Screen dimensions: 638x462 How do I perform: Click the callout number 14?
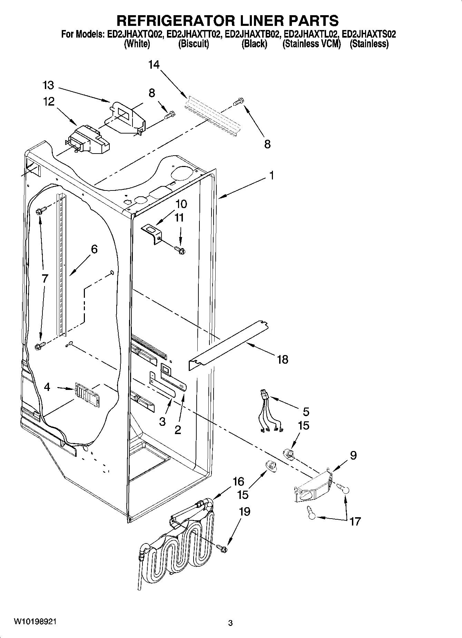point(154,65)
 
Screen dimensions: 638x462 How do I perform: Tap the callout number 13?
point(49,85)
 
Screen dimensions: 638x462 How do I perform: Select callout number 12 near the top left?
point(49,101)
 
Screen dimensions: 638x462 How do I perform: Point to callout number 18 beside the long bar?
point(282,360)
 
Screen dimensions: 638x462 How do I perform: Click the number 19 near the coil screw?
point(244,511)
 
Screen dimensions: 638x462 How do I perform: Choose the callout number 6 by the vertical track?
point(94,249)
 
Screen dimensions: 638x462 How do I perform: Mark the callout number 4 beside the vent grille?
point(47,387)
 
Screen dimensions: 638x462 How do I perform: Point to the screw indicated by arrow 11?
point(180,250)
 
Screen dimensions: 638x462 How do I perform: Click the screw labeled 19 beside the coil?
point(223,548)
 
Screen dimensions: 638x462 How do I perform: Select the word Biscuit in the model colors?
point(194,44)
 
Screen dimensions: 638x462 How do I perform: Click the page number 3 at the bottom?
point(230,623)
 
